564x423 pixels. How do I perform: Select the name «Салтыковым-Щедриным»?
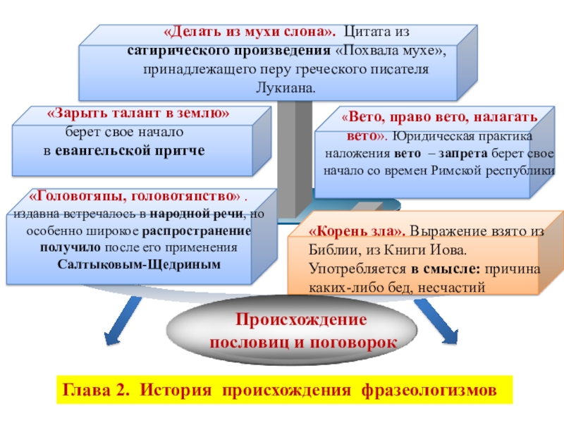139,264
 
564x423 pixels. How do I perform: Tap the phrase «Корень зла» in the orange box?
357,232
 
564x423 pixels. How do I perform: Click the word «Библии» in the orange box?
329,250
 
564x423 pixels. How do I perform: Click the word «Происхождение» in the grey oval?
301,319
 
